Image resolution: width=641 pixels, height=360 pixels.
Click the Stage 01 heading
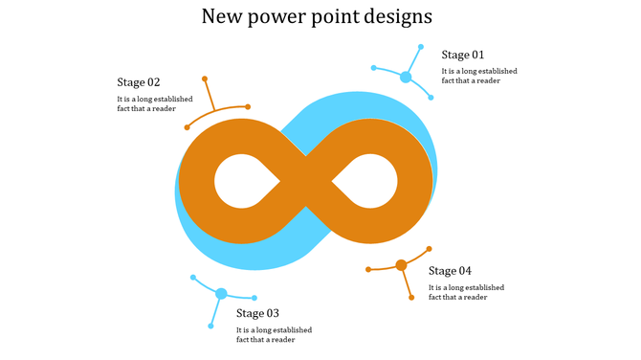pos(463,55)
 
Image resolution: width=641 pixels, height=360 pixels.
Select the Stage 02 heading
pos(139,82)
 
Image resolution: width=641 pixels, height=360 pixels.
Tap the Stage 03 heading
pos(258,313)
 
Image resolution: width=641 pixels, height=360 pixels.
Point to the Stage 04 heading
pos(450,271)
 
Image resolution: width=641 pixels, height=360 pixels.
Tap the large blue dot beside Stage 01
pos(406,77)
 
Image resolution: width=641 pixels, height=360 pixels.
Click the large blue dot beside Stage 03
pos(221,294)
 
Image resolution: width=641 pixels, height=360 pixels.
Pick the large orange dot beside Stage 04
pos(402,265)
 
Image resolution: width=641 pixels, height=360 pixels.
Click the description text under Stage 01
pos(477,76)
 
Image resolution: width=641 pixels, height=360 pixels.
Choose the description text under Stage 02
pos(154,103)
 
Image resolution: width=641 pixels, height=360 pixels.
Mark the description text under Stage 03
pos(274,334)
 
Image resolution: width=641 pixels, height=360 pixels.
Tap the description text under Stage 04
pos(466,292)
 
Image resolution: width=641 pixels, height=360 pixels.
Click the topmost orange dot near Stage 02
pos(205,79)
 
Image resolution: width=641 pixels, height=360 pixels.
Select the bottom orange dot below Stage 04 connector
pos(411,298)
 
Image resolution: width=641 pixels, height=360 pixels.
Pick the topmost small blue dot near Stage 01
pos(421,45)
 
